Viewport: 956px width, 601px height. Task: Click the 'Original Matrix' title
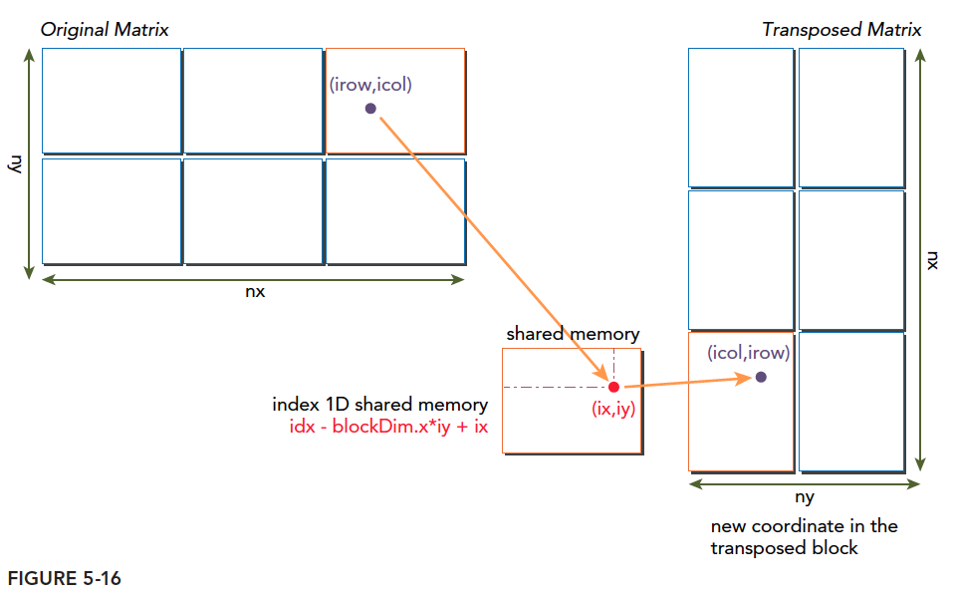tap(105, 30)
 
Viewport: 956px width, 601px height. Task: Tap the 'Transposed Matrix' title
tap(841, 30)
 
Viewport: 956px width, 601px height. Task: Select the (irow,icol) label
tap(370, 86)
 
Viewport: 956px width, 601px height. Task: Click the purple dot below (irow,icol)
tap(370, 108)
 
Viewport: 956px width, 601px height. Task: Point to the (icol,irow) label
tap(748, 353)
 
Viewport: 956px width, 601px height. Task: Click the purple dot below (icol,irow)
tap(761, 377)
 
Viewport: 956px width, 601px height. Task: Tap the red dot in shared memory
tap(613, 387)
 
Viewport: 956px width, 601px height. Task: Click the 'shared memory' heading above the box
tap(573, 334)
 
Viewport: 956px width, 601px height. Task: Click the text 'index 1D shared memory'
tap(379, 405)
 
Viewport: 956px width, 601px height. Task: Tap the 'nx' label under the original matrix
tap(254, 293)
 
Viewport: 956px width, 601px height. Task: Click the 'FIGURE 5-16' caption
tap(65, 578)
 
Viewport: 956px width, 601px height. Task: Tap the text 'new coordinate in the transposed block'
tap(804, 536)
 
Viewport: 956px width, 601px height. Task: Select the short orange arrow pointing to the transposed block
tap(687, 382)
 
